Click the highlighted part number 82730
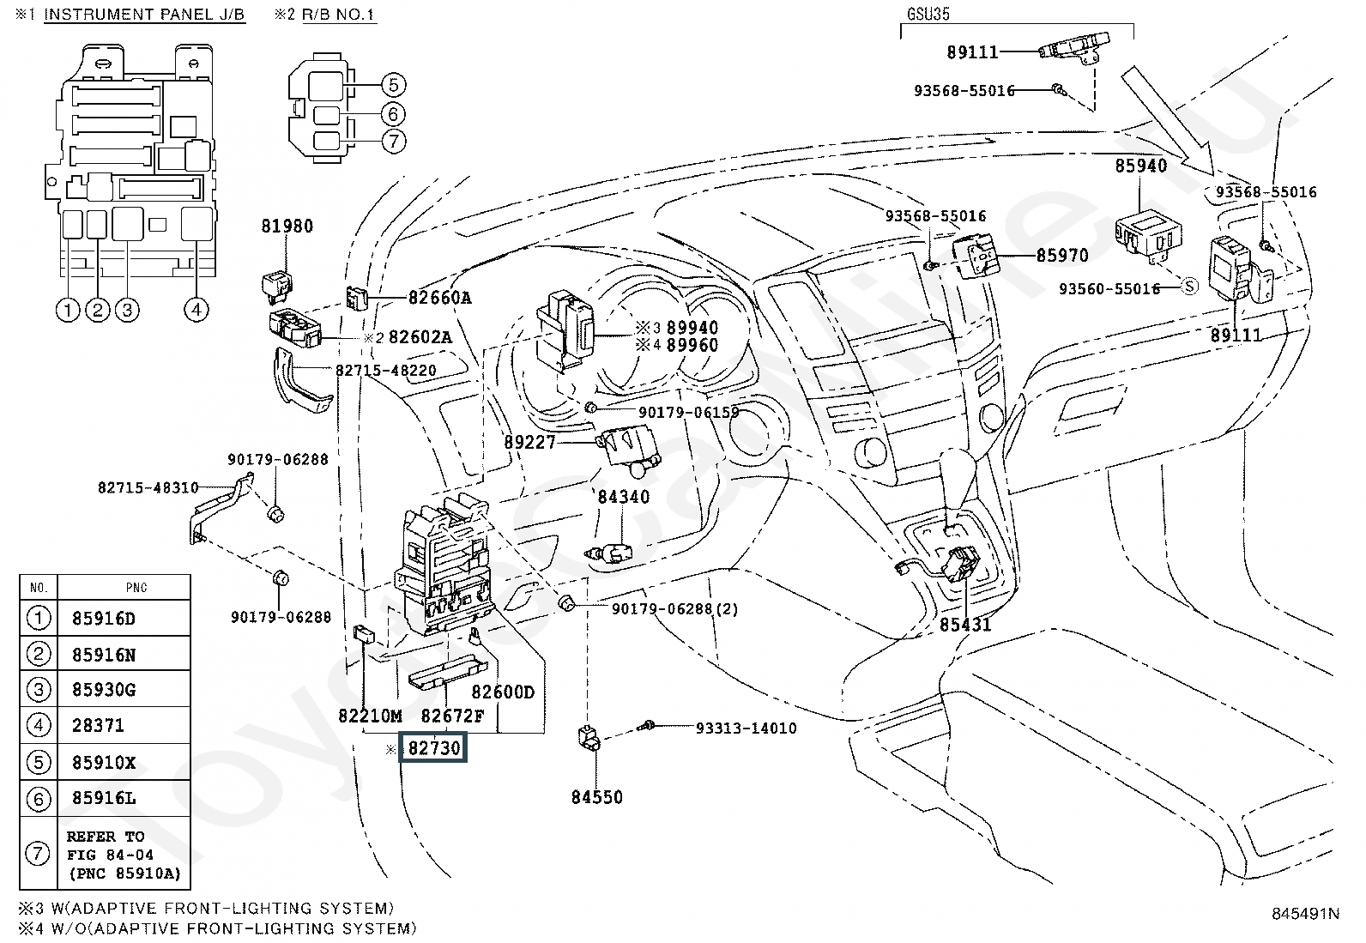coord(435,748)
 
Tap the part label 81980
coord(287,227)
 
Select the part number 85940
coord(1140,166)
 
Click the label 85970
coord(1062,256)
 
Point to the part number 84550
coord(597,797)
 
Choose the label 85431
coord(964,625)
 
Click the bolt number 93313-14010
coord(746,728)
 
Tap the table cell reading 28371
coord(99,726)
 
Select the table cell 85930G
coord(104,690)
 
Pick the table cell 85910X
coord(104,762)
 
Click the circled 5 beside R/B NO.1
coord(393,85)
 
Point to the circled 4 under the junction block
coord(196,310)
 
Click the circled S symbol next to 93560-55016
coord(1189,287)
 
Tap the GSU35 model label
coord(928,15)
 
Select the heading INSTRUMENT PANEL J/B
coord(144,15)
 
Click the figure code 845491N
coord(1305,914)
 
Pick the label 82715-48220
coord(386,371)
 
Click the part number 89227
coord(530,443)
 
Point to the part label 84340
coord(624,497)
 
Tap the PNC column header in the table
coord(136,588)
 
